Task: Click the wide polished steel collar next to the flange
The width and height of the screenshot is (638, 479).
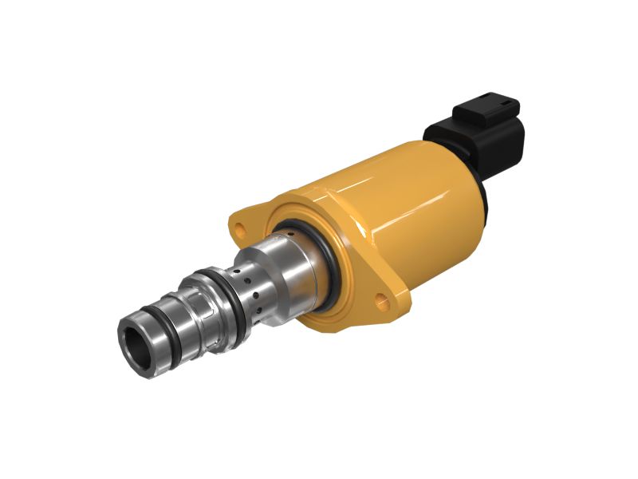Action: (299, 271)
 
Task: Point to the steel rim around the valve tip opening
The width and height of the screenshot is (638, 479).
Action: (127, 335)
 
